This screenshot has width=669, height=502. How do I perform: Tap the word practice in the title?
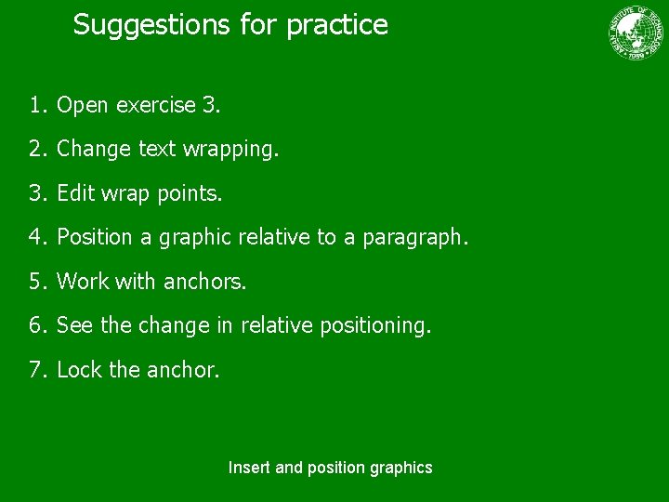(x=337, y=25)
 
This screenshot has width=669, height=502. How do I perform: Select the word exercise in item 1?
(x=155, y=106)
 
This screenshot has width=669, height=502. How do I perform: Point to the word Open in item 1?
(x=82, y=106)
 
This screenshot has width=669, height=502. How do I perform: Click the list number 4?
(x=36, y=237)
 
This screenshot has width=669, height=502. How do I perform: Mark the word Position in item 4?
(x=95, y=237)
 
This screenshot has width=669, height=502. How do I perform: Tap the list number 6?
(x=36, y=325)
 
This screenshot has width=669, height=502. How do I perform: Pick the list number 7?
(x=36, y=369)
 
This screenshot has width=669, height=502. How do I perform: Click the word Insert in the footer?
(x=250, y=468)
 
